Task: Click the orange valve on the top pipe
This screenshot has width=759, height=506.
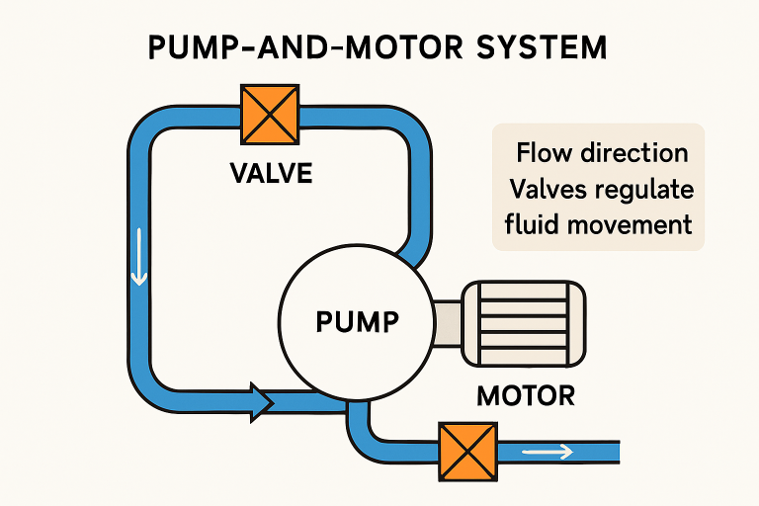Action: click(269, 117)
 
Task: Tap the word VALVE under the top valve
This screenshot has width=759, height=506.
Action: click(270, 175)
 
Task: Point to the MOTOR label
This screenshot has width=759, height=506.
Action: click(525, 396)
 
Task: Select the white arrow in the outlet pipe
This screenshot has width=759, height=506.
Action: click(548, 453)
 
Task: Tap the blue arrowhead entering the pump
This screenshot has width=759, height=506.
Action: click(262, 399)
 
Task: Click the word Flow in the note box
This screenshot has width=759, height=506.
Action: click(544, 153)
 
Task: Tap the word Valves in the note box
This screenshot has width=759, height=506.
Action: click(542, 189)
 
